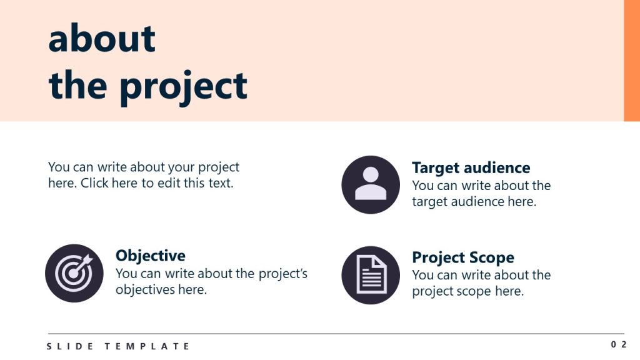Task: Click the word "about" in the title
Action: click(102, 38)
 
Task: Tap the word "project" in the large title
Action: click(183, 87)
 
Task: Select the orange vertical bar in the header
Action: click(632, 61)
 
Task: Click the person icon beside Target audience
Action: click(371, 184)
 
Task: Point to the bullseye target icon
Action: click(74, 273)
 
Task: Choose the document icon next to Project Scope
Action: click(371, 275)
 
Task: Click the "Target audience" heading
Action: click(471, 167)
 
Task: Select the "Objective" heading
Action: click(150, 256)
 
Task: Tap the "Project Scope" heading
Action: click(463, 257)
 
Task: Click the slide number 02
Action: click(619, 344)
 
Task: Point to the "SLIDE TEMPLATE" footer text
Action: click(118, 346)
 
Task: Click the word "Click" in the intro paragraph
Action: click(95, 183)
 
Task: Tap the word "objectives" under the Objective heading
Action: click(145, 290)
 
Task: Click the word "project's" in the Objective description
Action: click(283, 274)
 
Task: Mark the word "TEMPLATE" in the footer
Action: click(147, 346)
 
